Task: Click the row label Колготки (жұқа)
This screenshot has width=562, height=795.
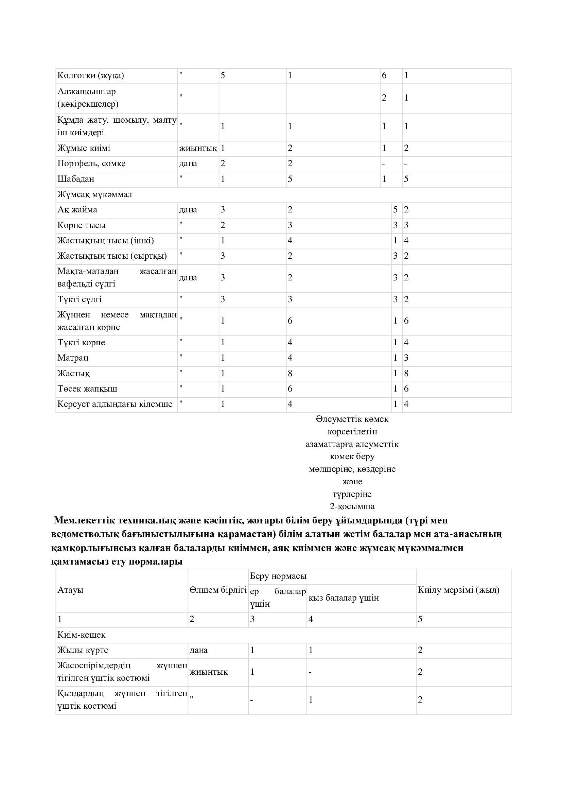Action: point(90,75)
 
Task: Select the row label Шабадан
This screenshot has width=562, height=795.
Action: point(76,179)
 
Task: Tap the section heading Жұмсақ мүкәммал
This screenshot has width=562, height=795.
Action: point(94,194)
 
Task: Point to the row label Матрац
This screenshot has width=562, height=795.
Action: point(73,358)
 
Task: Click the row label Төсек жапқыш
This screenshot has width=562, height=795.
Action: point(87,388)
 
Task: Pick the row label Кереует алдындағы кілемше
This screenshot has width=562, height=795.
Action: point(115,404)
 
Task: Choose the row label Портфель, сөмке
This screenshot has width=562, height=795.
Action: point(91,163)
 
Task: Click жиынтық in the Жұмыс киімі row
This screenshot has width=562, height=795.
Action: point(198,148)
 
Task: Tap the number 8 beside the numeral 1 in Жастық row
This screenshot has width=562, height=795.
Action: point(406,373)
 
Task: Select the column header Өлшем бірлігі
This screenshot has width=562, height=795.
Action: point(218,590)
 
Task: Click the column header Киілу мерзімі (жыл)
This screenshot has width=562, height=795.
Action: point(458,590)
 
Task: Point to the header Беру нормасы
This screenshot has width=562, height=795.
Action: point(278,576)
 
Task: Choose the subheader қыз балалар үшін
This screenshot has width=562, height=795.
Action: point(344,598)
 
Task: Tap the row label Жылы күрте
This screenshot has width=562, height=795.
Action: point(83,650)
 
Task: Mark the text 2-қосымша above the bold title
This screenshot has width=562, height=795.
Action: point(352,506)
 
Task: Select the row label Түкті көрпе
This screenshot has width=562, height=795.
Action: point(81,343)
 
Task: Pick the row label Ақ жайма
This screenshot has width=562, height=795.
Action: point(77,210)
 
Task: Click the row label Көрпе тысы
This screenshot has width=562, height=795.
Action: point(81,225)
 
